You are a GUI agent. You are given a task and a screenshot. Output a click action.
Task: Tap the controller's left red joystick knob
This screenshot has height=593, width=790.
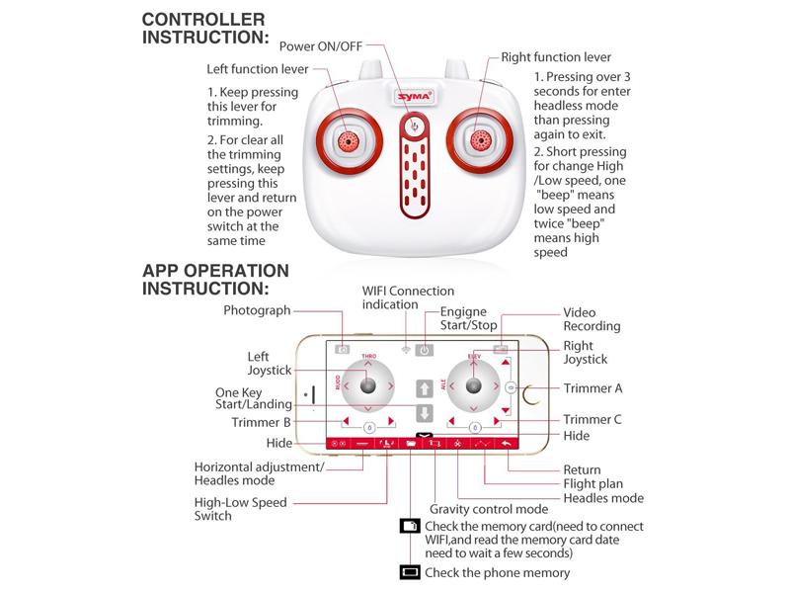tap(347, 142)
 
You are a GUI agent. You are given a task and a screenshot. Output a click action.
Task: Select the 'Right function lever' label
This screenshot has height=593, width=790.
tap(556, 57)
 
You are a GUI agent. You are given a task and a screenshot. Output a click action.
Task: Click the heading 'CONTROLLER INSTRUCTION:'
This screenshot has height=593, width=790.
tap(205, 28)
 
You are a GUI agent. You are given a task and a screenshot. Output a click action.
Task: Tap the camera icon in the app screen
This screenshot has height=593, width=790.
tap(343, 349)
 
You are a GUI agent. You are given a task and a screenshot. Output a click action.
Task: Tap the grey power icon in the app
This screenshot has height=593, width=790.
tap(424, 349)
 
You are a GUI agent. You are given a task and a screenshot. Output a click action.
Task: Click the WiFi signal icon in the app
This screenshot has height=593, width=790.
tap(405, 349)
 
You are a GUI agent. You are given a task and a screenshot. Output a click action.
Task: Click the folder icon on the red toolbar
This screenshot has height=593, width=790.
tap(412, 444)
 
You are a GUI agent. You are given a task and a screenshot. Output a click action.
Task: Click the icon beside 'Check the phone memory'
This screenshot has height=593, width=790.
tap(409, 572)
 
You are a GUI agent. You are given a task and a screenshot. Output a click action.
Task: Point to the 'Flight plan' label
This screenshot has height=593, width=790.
tap(594, 484)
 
